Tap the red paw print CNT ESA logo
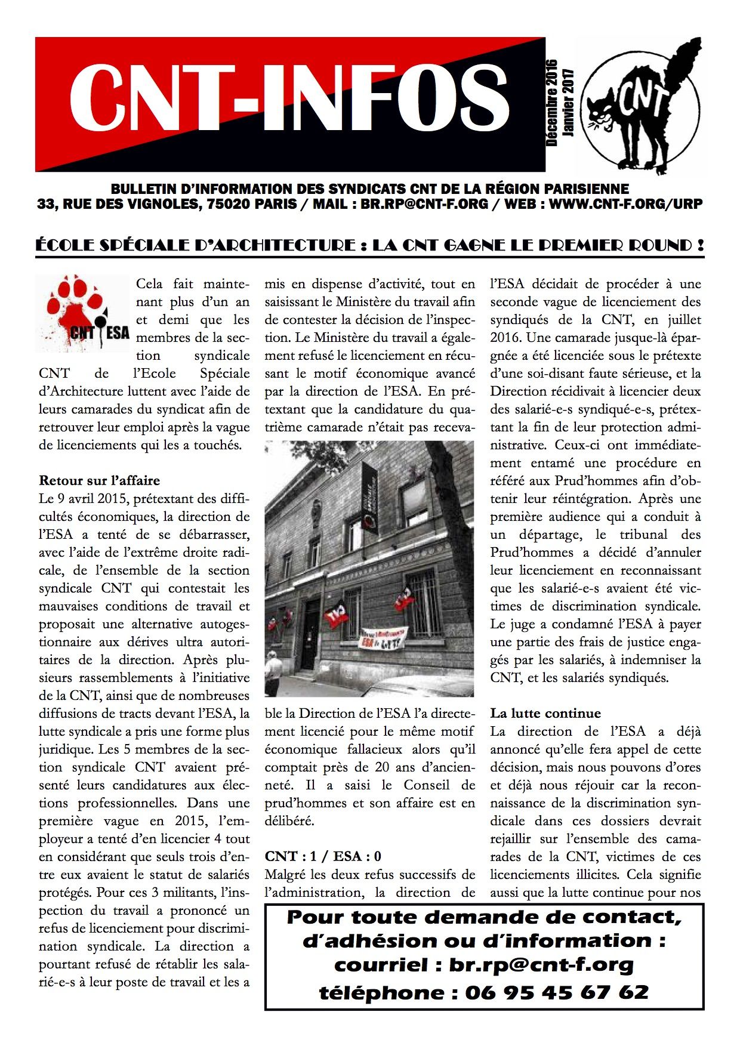(82, 313)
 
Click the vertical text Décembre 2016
(551, 103)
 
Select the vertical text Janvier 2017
(568, 103)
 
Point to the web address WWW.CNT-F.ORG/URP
(625, 204)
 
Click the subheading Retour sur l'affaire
(99, 481)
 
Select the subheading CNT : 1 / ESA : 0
(323, 857)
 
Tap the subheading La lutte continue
(545, 714)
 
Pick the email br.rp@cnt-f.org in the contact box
(541, 965)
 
